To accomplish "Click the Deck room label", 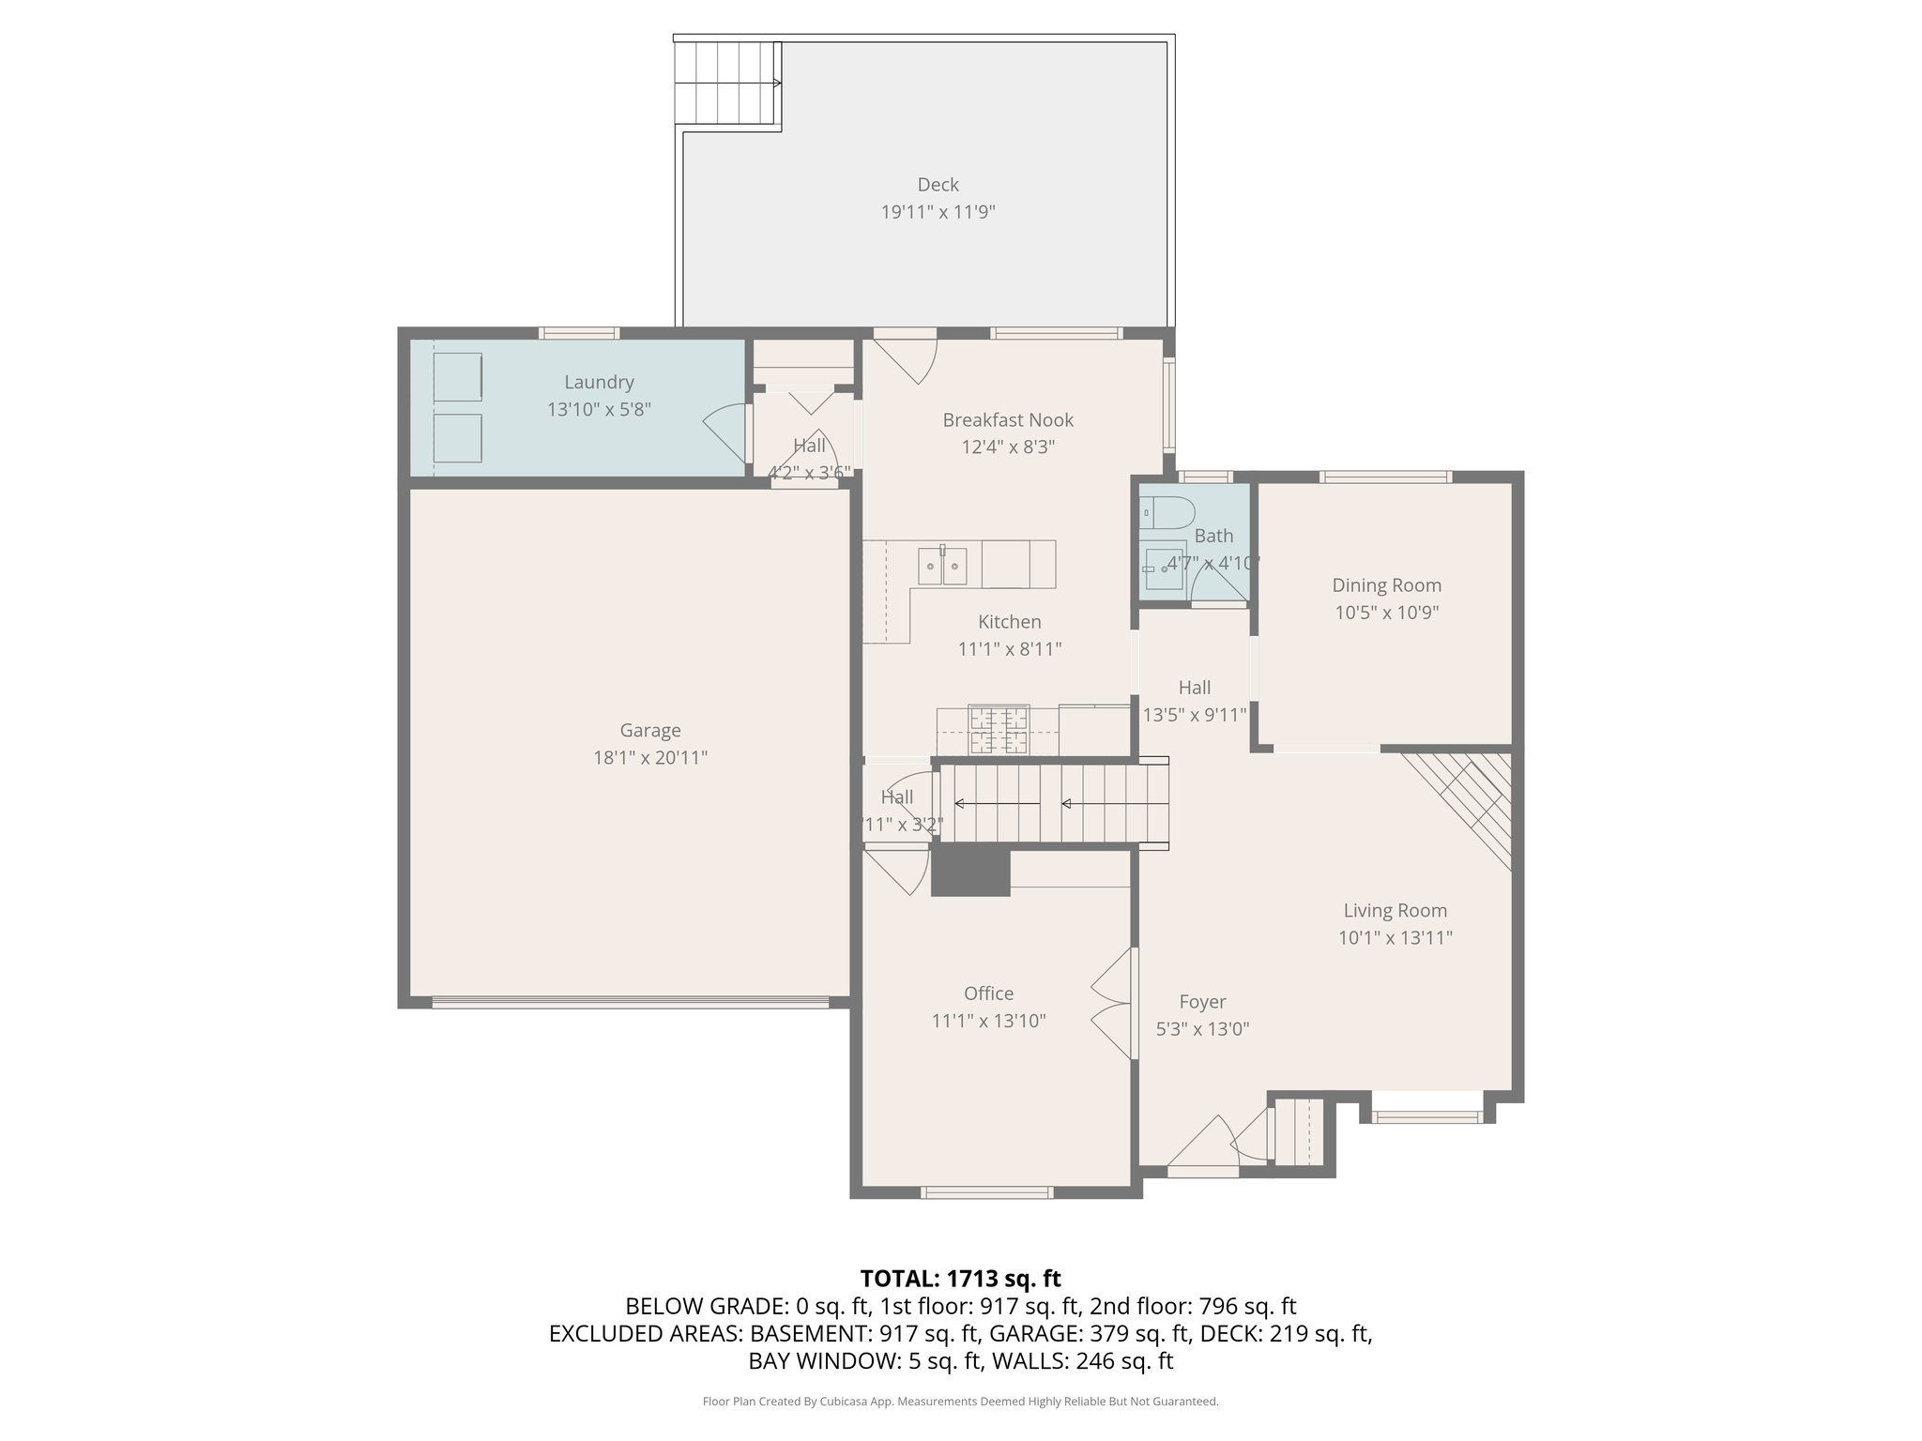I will point(938,185).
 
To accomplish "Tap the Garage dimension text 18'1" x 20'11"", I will point(649,758).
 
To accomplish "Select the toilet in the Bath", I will point(1167,514).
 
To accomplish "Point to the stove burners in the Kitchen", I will point(999,731).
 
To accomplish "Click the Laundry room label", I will point(599,382).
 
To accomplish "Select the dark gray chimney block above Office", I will point(970,872).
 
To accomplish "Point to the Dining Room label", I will point(1386,585).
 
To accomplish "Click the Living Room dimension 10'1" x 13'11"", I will point(1395,937).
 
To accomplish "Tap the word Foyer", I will point(1202,1002).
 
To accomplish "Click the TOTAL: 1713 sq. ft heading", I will point(960,1278).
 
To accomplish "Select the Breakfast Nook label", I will point(1008,420).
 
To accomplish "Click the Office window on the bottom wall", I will point(986,1192).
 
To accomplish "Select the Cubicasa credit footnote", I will point(960,1402).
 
